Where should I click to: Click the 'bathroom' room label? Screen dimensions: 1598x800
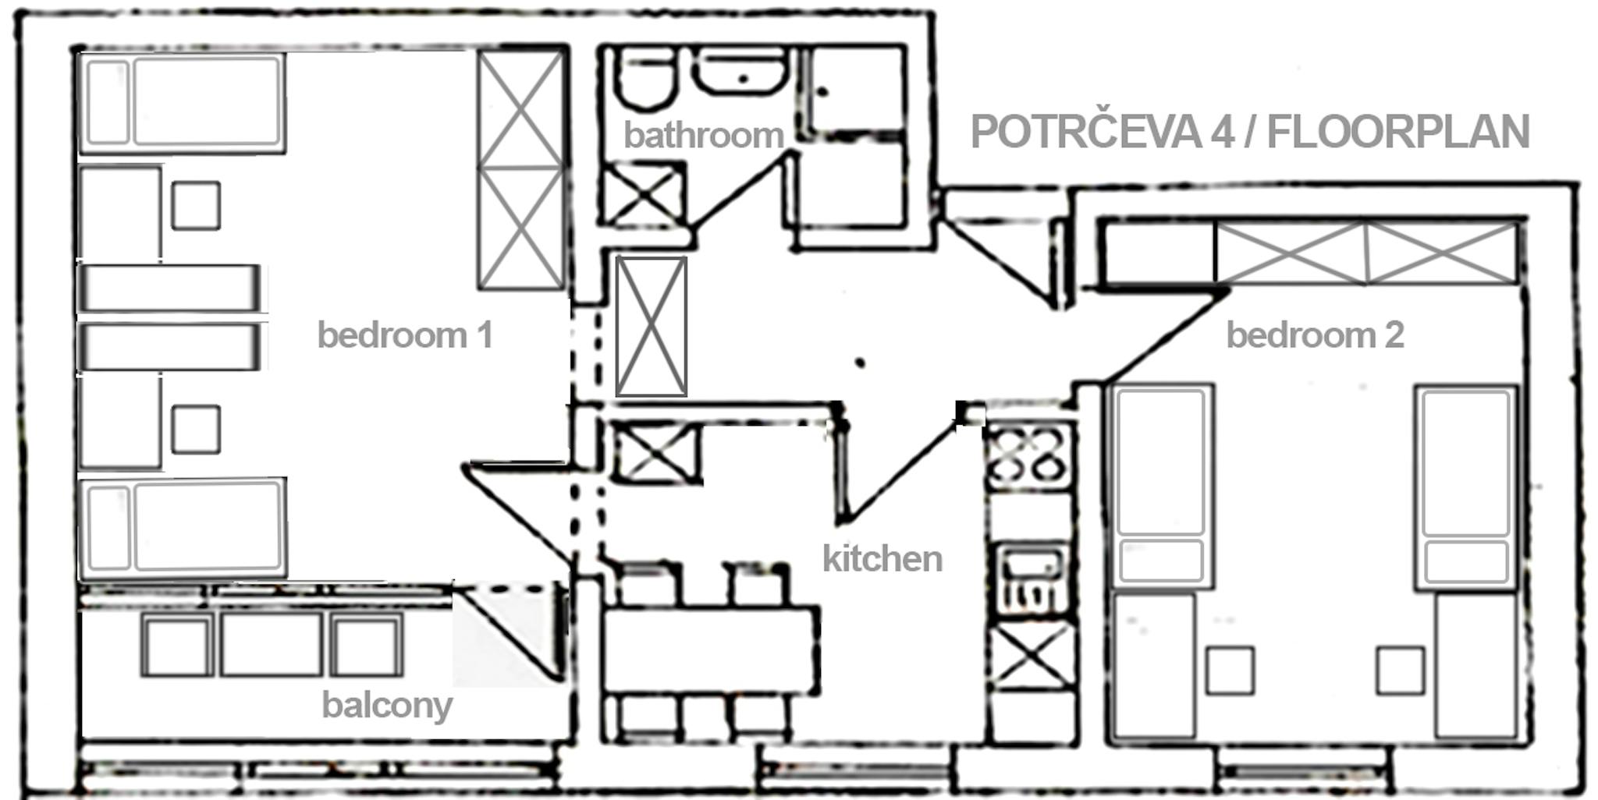coord(703,136)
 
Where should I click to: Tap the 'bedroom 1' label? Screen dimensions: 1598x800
coord(405,335)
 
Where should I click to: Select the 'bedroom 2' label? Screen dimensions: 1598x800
coord(1315,335)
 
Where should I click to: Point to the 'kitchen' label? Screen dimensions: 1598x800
coord(882,558)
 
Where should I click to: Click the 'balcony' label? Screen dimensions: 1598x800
coord(387,706)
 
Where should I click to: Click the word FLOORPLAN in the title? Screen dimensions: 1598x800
coord(1397,132)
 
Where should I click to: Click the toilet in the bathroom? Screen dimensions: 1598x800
coord(645,78)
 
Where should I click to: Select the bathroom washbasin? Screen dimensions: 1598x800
coord(740,73)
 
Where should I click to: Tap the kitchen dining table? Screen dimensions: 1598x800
coord(711,651)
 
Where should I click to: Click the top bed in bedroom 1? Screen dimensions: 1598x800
coord(182,102)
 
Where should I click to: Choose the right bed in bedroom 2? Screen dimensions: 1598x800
coord(1467,486)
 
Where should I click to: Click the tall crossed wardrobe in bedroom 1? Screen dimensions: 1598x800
coord(520,169)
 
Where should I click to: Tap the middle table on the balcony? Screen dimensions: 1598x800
coord(271,644)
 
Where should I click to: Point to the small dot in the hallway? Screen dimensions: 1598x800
coord(860,363)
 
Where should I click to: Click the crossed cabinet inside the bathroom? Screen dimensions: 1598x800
coord(645,194)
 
